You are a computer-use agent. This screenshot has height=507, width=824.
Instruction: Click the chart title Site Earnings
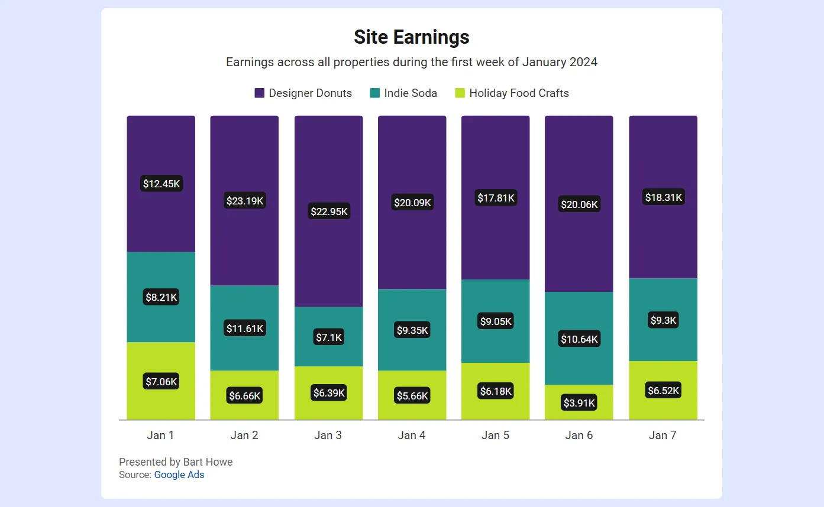click(x=411, y=37)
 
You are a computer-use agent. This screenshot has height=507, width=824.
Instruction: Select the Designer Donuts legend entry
click(x=303, y=93)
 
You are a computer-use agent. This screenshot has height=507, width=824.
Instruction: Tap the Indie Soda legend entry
click(x=403, y=93)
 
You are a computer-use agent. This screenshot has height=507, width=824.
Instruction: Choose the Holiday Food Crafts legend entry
click(x=512, y=93)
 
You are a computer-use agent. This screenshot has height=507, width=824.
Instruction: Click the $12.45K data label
click(x=161, y=184)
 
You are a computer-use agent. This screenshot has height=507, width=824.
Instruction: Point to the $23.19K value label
click(x=245, y=201)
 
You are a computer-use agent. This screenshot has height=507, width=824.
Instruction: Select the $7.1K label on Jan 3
click(x=329, y=337)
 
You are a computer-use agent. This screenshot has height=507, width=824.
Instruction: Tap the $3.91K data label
click(x=579, y=403)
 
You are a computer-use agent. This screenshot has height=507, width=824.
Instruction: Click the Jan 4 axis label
click(x=412, y=435)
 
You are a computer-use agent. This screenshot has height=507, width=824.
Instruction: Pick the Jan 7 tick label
click(x=663, y=435)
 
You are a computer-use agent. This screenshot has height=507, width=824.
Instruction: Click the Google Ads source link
click(x=179, y=474)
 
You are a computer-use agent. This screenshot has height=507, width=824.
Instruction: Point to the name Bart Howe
click(x=208, y=461)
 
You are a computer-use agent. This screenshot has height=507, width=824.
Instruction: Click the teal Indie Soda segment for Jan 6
click(x=579, y=366)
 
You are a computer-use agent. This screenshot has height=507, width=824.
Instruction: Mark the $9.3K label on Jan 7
click(x=663, y=320)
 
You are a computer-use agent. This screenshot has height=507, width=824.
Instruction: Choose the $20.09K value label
click(x=412, y=203)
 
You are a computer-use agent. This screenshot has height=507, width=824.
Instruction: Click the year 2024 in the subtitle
click(x=583, y=62)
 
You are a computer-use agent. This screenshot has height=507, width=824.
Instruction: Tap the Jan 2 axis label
click(x=244, y=435)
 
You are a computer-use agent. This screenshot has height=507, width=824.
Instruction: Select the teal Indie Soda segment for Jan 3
click(x=329, y=319)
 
